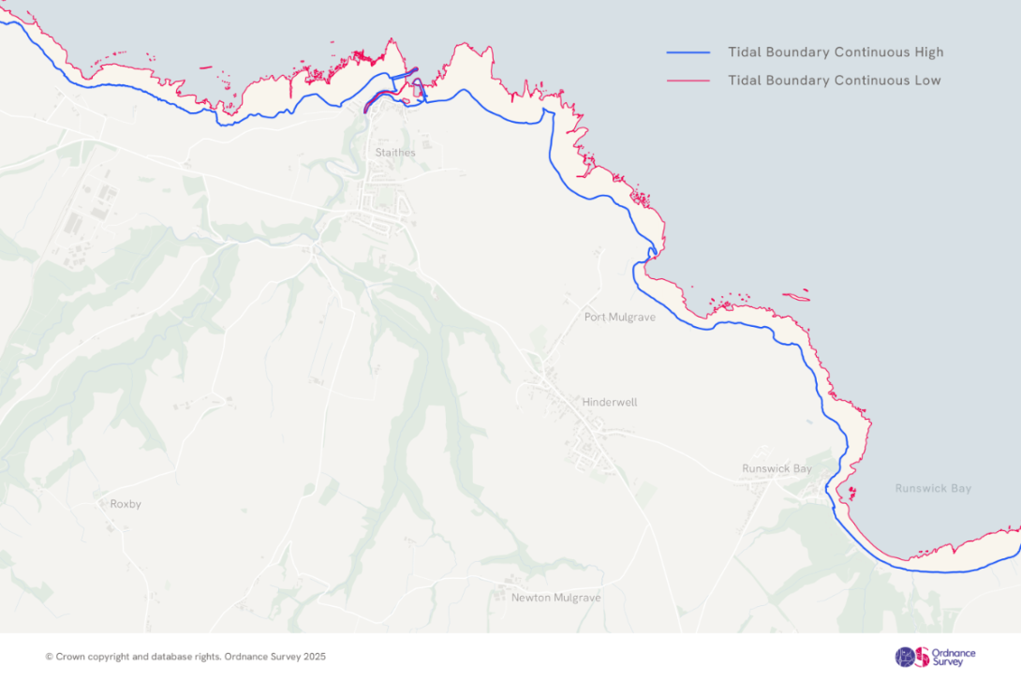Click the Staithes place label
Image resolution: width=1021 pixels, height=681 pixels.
click(394, 153)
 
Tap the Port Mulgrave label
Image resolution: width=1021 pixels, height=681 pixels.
click(619, 318)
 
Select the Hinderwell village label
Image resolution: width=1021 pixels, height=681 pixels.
click(609, 402)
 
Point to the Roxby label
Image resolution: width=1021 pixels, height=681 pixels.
click(126, 504)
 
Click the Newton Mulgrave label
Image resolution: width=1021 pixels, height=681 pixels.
click(555, 598)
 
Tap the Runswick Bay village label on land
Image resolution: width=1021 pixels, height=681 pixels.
click(777, 468)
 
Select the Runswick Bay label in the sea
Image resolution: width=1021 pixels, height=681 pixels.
click(933, 489)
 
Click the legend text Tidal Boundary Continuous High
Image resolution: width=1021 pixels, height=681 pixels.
click(836, 52)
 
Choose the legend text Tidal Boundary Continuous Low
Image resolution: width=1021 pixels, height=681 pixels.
click(834, 81)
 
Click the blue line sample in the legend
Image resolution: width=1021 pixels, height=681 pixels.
click(688, 52)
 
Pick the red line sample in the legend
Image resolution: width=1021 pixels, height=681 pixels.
click(688, 81)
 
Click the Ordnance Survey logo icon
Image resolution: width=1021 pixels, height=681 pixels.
click(911, 657)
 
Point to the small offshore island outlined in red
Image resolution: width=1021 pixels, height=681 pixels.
click(796, 297)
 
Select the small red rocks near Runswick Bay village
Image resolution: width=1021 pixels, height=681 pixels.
click(851, 492)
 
